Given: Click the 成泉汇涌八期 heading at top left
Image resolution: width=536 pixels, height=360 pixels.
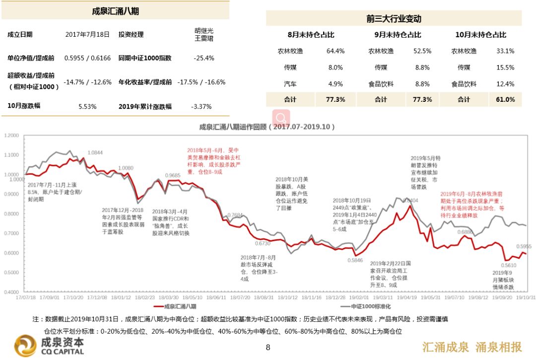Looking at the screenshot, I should [x=115, y=11].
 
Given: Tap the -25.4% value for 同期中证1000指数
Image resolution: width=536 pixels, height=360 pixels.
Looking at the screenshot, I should [x=204, y=58].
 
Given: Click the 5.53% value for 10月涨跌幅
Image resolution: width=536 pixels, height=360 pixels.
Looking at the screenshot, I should [x=87, y=106].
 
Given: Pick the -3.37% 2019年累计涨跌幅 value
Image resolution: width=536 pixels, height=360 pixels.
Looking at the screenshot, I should [x=201, y=106].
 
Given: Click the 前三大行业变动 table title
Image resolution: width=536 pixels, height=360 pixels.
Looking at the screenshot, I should [x=394, y=19].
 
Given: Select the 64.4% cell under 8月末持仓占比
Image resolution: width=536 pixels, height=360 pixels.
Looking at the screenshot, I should [x=335, y=51].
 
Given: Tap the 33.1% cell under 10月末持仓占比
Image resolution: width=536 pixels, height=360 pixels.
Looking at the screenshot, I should [x=505, y=51].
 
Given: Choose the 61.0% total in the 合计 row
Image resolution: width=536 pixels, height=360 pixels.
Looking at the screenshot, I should [x=505, y=99].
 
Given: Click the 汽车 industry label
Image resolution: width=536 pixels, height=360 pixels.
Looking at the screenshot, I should [x=290, y=84].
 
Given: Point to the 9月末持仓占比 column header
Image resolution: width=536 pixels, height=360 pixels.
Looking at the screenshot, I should [x=398, y=35].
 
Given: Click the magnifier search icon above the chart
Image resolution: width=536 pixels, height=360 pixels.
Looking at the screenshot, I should [x=281, y=119].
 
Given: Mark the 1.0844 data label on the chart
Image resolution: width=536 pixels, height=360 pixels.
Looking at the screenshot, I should [x=95, y=152].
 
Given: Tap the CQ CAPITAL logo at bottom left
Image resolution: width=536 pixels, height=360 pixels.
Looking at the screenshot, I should [x=49, y=346].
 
